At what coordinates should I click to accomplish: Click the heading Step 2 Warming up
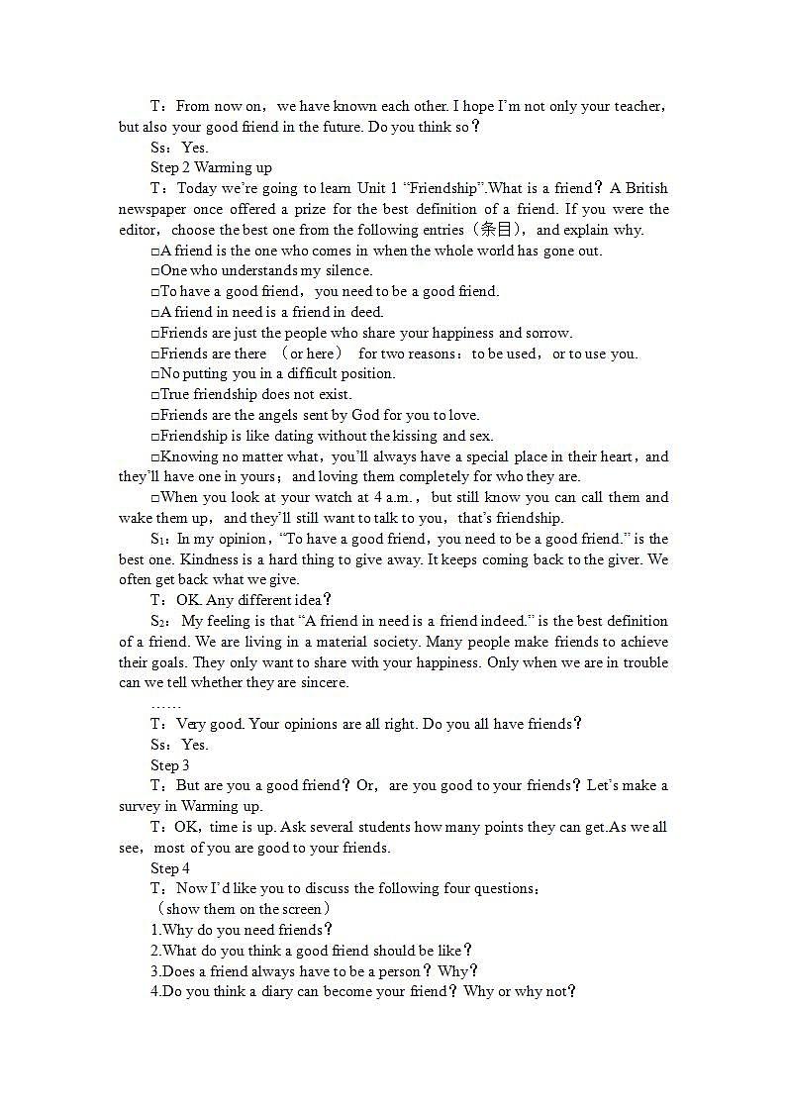211,167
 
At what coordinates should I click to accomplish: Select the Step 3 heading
170,765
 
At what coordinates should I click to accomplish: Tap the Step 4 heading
170,868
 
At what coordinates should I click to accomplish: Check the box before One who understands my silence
155,271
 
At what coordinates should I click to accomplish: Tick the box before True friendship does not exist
155,395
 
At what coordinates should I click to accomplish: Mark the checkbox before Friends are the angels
155,416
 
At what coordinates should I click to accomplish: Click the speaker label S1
159,540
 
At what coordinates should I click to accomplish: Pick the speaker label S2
159,622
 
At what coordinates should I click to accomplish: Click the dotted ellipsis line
165,704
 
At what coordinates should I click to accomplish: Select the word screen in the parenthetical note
302,909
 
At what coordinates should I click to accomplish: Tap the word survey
141,807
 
